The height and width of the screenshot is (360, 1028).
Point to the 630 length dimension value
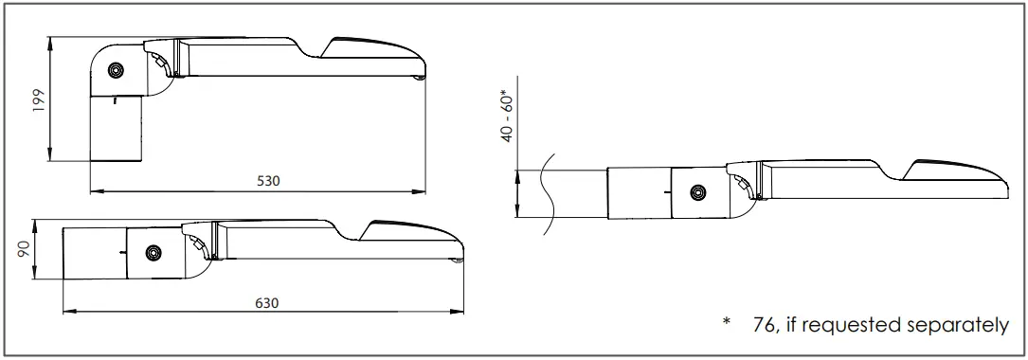pos(267,303)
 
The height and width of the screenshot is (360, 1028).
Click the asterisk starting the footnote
pos(727,323)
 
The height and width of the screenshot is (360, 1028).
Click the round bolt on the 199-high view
pos(117,71)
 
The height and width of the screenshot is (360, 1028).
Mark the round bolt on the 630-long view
pos(152,253)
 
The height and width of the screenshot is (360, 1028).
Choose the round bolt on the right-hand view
pos(697,193)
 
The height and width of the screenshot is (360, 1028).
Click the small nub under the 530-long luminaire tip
pos(421,79)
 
